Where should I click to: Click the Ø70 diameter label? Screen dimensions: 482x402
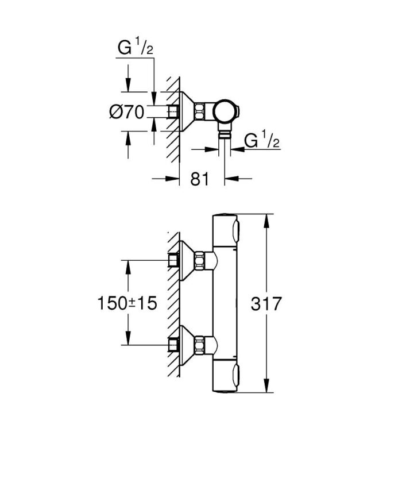[x=126, y=113]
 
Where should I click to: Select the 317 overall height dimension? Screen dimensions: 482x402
[x=266, y=303]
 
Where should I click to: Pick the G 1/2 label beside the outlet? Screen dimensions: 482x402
[x=262, y=141]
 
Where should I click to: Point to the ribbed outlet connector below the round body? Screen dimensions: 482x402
[x=225, y=134]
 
